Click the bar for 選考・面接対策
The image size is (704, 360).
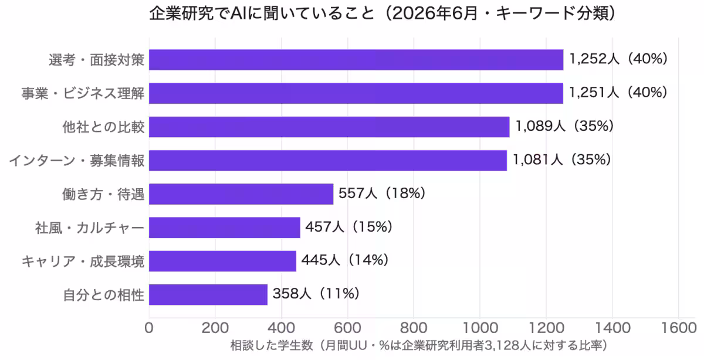click(356, 60)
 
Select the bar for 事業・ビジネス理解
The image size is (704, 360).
click(356, 93)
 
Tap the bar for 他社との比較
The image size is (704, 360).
click(329, 127)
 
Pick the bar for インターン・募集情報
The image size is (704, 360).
click(328, 161)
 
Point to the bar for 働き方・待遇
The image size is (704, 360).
click(241, 194)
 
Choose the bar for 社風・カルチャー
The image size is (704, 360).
click(224, 227)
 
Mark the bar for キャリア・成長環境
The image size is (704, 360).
click(222, 261)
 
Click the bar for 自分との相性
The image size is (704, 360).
click(208, 295)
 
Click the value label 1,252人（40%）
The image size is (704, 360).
click(618, 59)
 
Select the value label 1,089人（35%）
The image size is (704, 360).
click(565, 126)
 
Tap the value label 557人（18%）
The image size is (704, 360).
click(382, 193)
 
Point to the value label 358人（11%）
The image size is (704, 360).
click(316, 294)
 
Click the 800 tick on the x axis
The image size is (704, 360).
click(414, 328)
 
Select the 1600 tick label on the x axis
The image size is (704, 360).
click(679, 328)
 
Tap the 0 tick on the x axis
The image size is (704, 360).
click(149, 328)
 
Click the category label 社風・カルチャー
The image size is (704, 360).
click(90, 227)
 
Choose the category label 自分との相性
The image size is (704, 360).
click(103, 295)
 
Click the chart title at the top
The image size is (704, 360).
click(382, 13)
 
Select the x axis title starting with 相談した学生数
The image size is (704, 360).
click(419, 345)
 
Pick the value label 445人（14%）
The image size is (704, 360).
click(345, 260)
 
